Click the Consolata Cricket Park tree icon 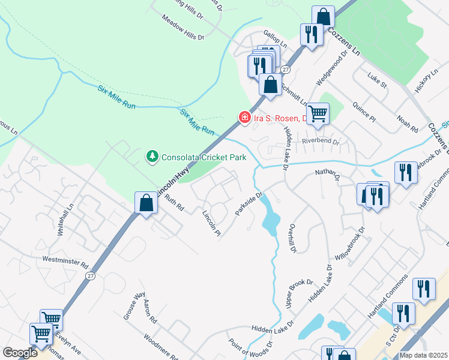[152, 157]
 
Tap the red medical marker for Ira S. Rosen [244, 117]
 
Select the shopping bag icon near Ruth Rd [146, 203]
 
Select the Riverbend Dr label [321, 143]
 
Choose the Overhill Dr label [292, 238]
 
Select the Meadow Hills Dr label [183, 28]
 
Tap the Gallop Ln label [276, 37]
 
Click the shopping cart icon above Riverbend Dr [318, 113]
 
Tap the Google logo [19, 353]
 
